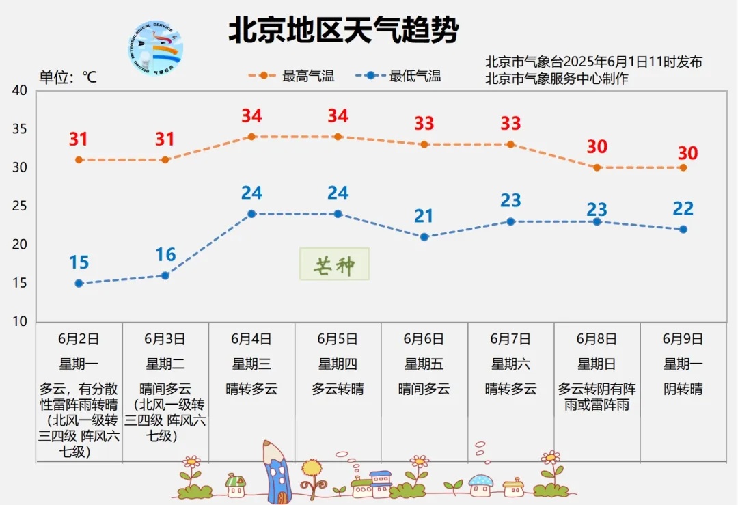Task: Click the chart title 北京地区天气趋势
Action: tap(343, 31)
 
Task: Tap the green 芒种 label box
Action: tap(334, 264)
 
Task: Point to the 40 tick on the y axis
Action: tap(20, 91)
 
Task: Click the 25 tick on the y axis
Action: tap(20, 206)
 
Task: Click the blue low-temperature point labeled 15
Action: tap(79, 283)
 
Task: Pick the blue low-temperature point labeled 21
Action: tap(424, 237)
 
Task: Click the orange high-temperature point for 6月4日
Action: tap(251, 137)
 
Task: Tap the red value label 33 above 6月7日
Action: tap(510, 124)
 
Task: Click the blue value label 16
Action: tap(165, 255)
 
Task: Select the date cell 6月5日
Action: tap(338, 339)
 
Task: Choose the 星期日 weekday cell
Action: tap(597, 364)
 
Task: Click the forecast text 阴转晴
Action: tap(683, 390)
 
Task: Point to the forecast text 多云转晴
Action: tap(338, 390)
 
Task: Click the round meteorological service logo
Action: tap(156, 49)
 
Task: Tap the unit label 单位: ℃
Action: tap(68, 77)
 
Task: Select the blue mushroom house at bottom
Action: tap(481, 484)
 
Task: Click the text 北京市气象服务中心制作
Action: tap(556, 78)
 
